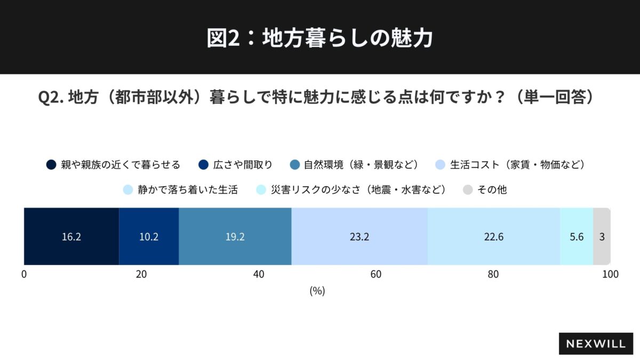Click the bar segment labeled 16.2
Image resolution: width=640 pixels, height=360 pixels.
(71, 237)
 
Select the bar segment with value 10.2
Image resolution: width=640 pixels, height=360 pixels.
(149, 237)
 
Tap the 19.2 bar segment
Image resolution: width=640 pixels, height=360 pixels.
(235, 237)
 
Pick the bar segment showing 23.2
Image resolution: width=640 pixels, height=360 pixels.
(359, 237)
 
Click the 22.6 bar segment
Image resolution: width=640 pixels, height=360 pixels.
(493, 237)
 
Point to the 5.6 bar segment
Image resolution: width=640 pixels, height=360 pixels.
(577, 237)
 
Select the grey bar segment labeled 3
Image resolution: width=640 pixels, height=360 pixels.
(602, 237)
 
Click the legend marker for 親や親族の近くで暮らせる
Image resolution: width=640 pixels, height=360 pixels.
(51, 164)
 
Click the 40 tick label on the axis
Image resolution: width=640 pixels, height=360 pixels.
(259, 275)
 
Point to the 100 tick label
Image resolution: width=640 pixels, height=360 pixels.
(610, 275)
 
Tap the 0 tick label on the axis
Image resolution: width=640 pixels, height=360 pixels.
(24, 275)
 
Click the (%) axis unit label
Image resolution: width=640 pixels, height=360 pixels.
(317, 291)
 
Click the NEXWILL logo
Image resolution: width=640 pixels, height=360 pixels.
(596, 344)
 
